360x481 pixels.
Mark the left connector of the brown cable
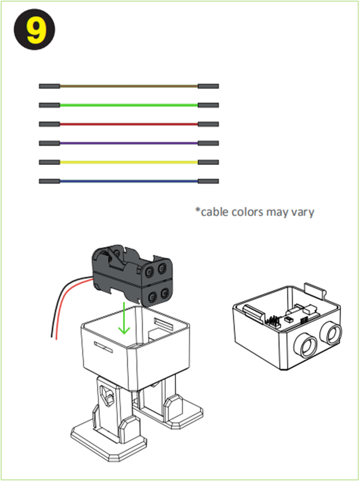[x=49, y=86]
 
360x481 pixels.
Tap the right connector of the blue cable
[x=208, y=181]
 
